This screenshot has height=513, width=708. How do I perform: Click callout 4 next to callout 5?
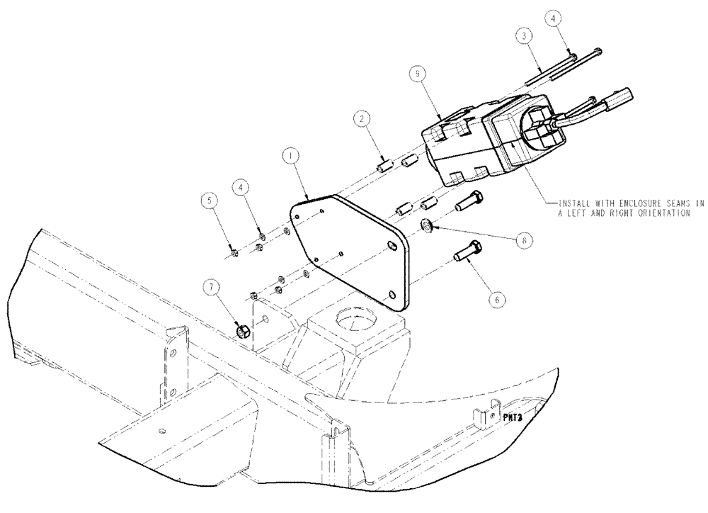tap(243, 188)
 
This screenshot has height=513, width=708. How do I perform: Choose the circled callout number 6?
tap(497, 300)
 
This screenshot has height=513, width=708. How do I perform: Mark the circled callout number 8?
tap(523, 240)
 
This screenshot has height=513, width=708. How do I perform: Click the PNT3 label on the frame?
tap(514, 418)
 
